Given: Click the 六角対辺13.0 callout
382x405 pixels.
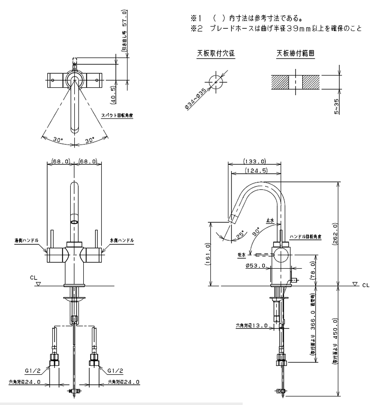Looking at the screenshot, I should (x=252, y=325).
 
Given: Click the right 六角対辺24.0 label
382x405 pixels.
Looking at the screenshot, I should (x=123, y=382).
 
